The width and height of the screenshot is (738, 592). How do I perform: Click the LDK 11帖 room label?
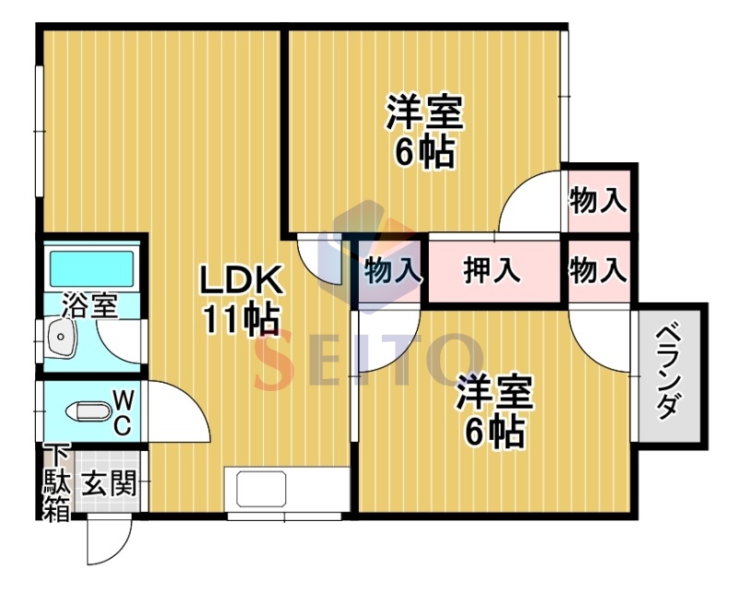pyautogui.click(x=241, y=300)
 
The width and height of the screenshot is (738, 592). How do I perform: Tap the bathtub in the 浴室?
pyautogui.click(x=91, y=268)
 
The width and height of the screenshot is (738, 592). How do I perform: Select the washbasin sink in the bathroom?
pyautogui.click(x=61, y=337)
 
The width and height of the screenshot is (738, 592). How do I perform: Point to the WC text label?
pyautogui.click(x=123, y=414)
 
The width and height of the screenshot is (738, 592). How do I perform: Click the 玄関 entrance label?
pyautogui.click(x=109, y=483)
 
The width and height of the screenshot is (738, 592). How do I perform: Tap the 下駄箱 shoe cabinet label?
pyautogui.click(x=57, y=482)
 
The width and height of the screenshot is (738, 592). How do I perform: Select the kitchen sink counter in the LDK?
pyautogui.click(x=287, y=490)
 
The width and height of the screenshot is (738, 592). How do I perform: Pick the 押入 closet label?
pyautogui.click(x=493, y=270)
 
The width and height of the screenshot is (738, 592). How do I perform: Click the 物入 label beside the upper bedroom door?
pyautogui.click(x=598, y=200)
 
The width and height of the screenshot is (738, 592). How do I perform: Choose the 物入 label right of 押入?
pyautogui.click(x=598, y=270)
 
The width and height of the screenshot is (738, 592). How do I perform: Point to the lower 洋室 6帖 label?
pyautogui.click(x=494, y=410)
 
